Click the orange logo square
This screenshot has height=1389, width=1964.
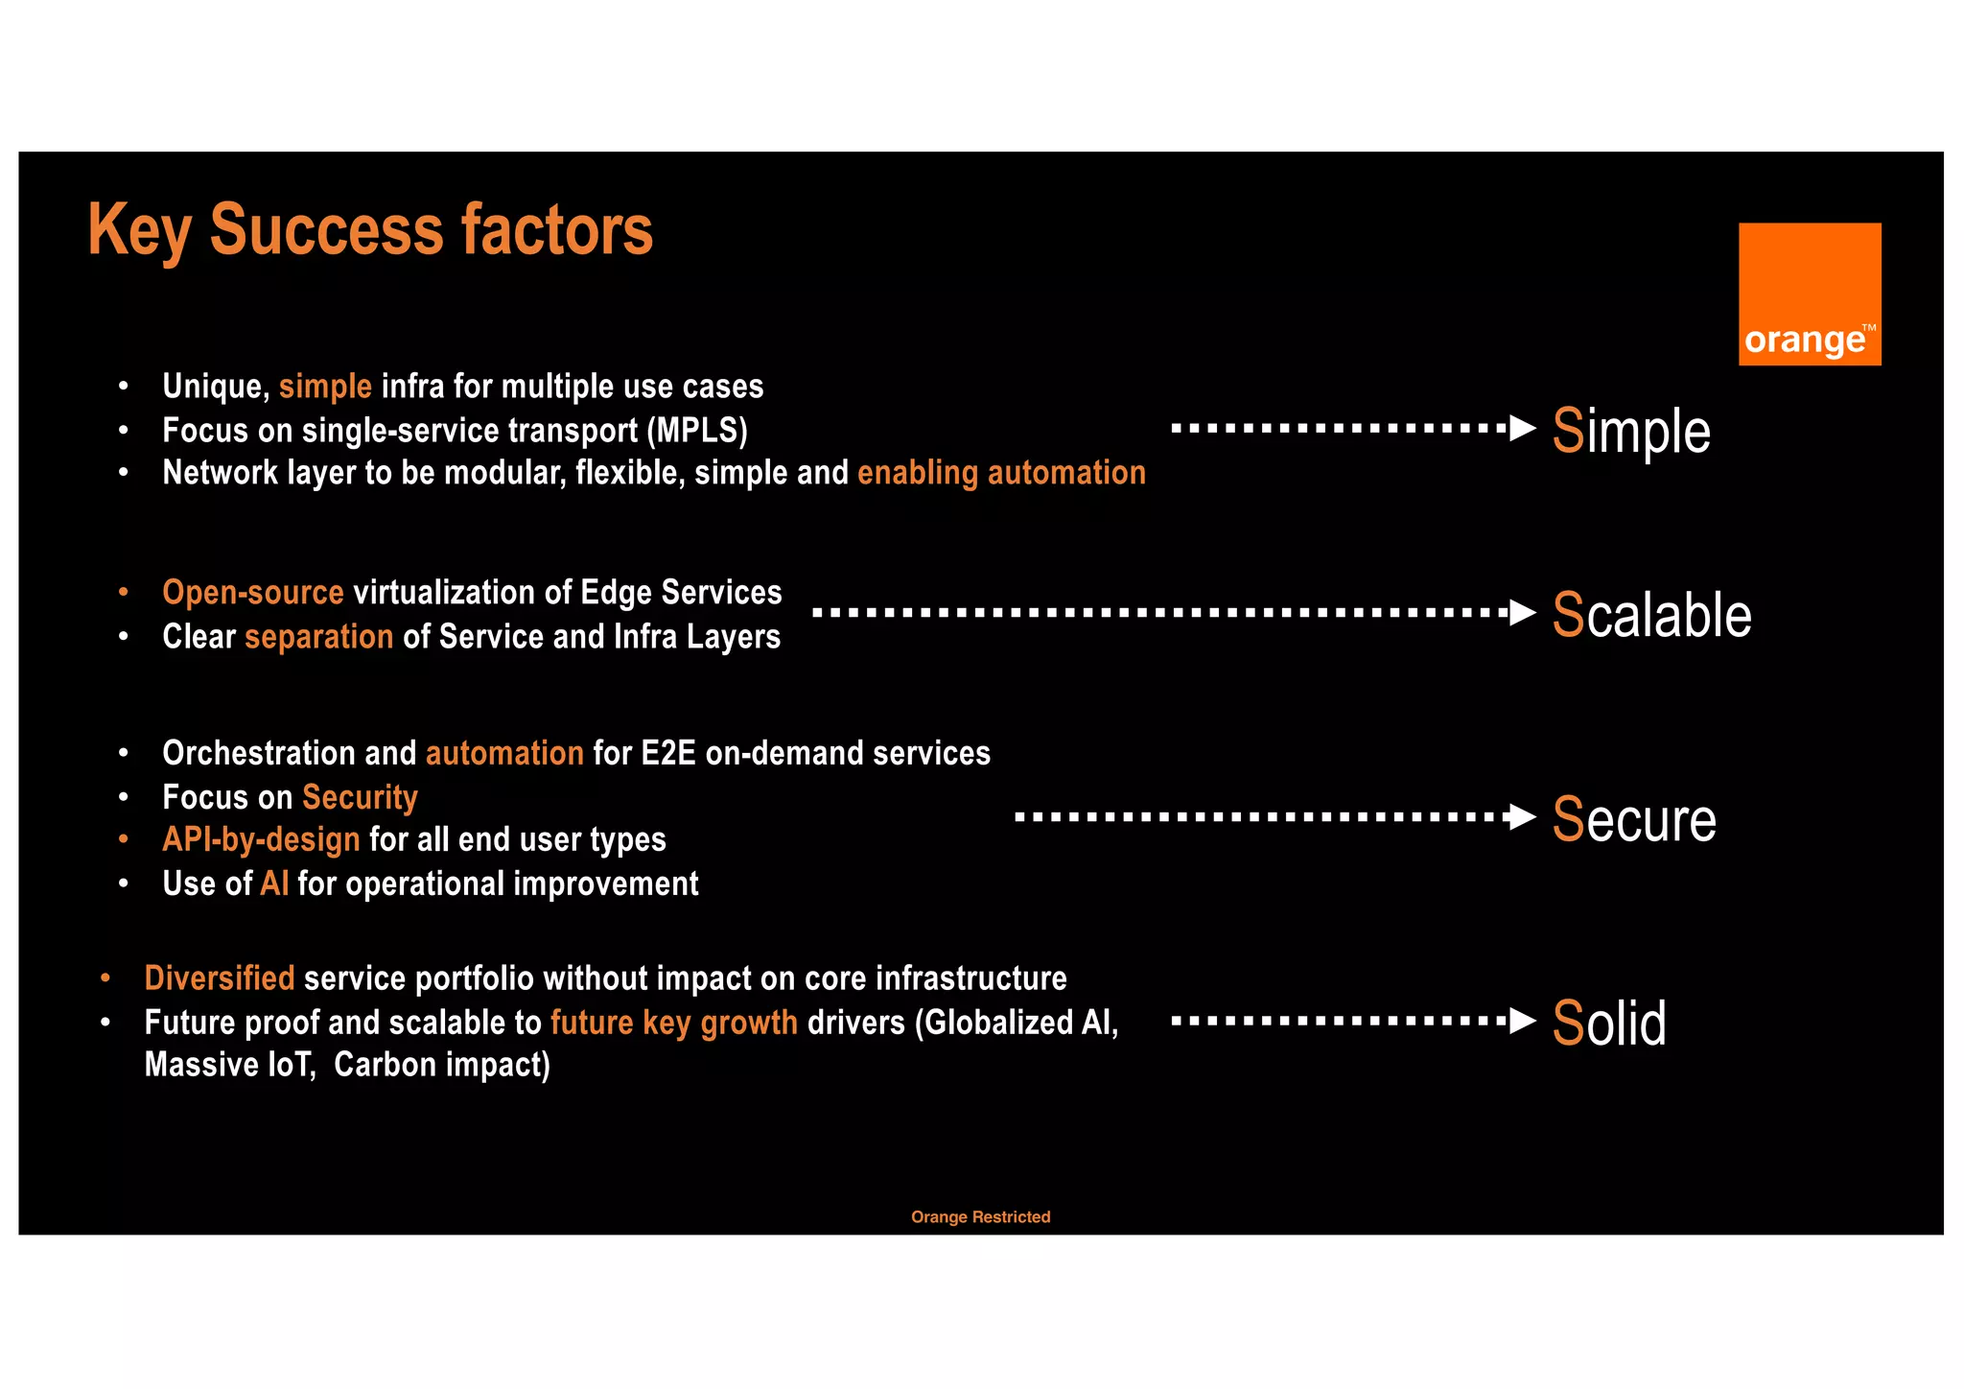pyautogui.click(x=1809, y=294)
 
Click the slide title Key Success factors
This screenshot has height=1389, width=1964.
pyautogui.click(x=370, y=230)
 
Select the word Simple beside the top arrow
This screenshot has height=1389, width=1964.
pyautogui.click(x=1631, y=431)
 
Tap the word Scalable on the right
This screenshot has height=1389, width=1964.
pyautogui.click(x=1651, y=615)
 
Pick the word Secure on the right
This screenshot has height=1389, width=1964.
pyautogui.click(x=1634, y=819)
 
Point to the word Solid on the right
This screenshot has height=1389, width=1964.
pyautogui.click(x=1609, y=1023)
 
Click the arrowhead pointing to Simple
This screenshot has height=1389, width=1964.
pyautogui.click(x=1523, y=428)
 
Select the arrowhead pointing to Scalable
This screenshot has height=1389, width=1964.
pyautogui.click(x=1523, y=612)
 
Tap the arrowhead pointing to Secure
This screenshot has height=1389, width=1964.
pyautogui.click(x=1523, y=817)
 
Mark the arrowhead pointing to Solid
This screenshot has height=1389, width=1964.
pyautogui.click(x=1523, y=1021)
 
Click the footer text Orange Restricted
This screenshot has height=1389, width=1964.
pyautogui.click(x=980, y=1216)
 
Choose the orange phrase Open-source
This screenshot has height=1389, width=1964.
pyautogui.click(x=253, y=593)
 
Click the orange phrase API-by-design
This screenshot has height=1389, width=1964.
pyautogui.click(x=261, y=839)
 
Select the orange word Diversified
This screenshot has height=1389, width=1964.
pyautogui.click(x=220, y=978)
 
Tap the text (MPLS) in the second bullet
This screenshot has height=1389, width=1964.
pyautogui.click(x=697, y=431)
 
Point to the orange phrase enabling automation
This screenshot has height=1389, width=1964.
pyautogui.click(x=1001, y=473)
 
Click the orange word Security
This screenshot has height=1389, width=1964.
pyautogui.click(x=360, y=797)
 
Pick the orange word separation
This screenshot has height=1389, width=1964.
pyautogui.click(x=319, y=637)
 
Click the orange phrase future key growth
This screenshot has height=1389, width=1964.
pyautogui.click(x=674, y=1023)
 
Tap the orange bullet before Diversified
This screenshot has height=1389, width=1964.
pyautogui.click(x=105, y=978)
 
